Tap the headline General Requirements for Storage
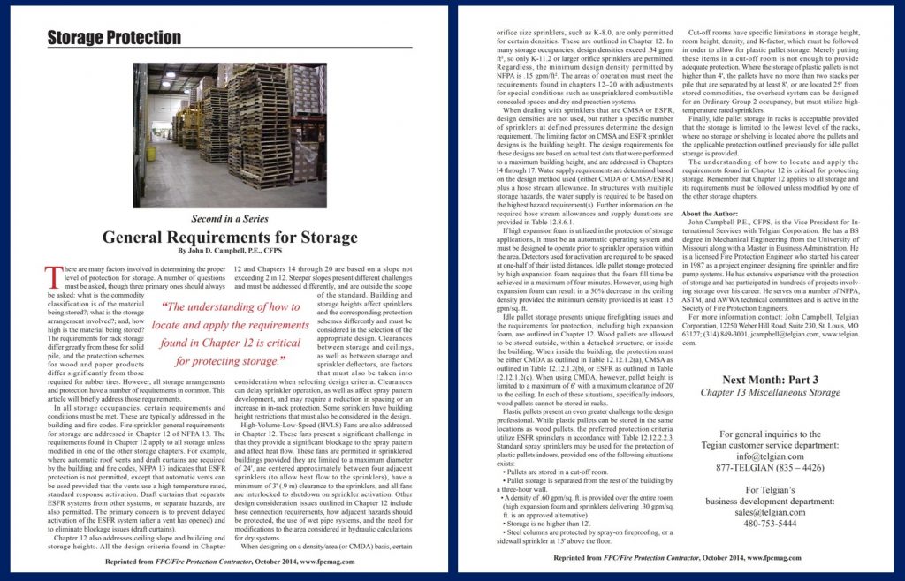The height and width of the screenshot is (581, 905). coord(230,237)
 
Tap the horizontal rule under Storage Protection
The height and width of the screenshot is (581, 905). coord(230,47)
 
